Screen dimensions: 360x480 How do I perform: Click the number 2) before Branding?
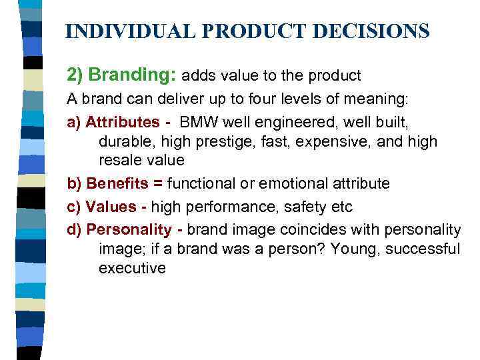[x=76, y=75]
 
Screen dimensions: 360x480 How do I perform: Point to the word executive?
[x=132, y=268]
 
